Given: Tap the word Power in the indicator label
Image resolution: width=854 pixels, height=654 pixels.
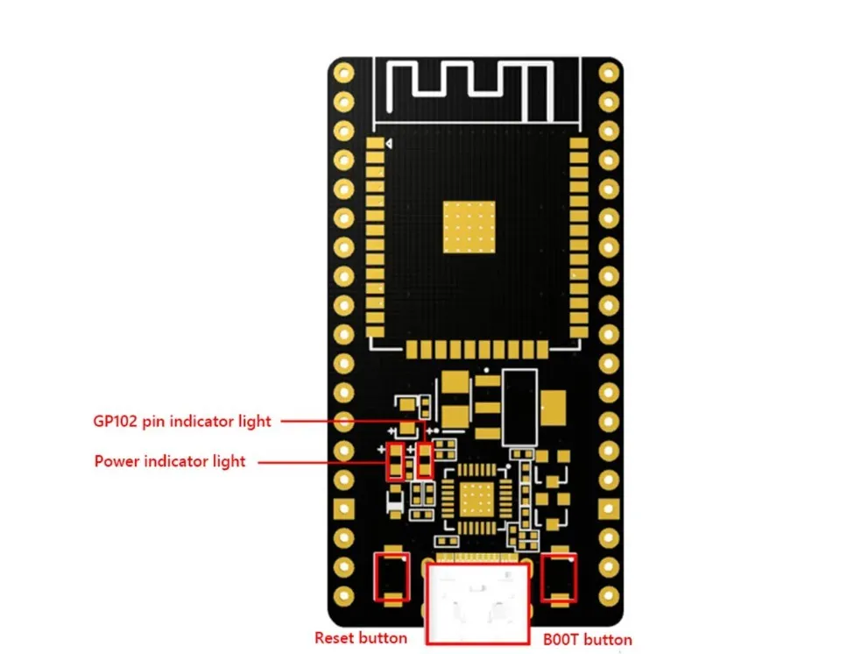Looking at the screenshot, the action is click(117, 460).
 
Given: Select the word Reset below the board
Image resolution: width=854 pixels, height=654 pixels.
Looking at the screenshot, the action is click(331, 638).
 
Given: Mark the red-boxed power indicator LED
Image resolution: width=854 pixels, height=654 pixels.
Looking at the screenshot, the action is click(395, 461).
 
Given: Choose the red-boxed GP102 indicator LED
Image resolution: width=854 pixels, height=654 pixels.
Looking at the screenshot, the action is click(426, 461).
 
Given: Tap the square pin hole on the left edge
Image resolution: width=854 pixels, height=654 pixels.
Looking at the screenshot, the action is click(344, 508).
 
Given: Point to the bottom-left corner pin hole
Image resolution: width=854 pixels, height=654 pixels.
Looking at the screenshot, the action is click(344, 594).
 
